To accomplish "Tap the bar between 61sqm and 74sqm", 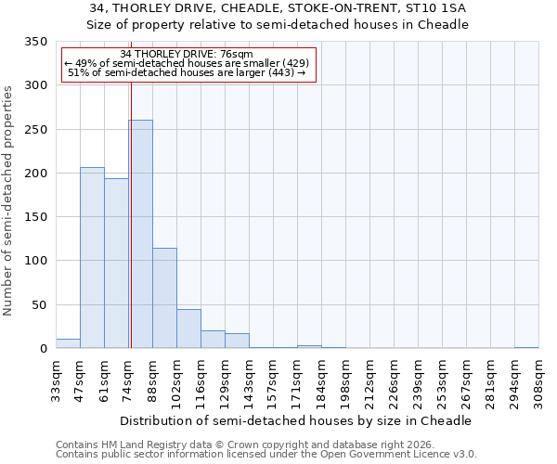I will (116, 264).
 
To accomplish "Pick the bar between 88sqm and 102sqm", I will (164, 298).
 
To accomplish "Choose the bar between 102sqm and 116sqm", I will (188, 329).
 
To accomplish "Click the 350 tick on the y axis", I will (36, 42).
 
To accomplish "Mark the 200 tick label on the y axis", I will (36, 174).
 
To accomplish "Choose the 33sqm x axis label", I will (56, 380).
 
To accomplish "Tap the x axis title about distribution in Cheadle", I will (296, 420).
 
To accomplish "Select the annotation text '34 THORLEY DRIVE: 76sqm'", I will (187, 55).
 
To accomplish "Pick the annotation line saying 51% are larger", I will (187, 73).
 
